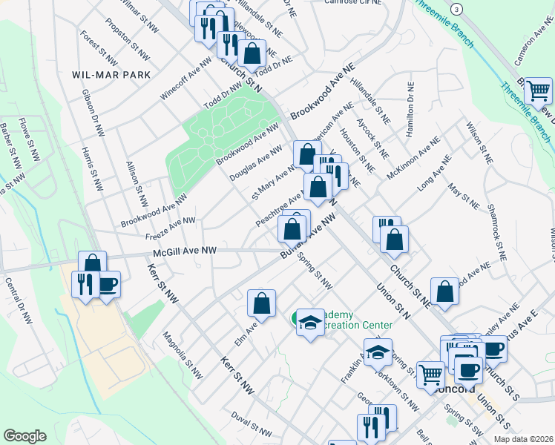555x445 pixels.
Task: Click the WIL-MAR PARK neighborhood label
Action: [x=111, y=75]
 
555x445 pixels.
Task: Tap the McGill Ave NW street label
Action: [x=185, y=251]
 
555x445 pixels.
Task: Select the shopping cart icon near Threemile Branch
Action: [x=538, y=91]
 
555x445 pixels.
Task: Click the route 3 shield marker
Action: [x=457, y=8]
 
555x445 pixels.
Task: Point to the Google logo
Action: [x=24, y=435]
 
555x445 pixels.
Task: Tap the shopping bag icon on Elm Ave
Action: [x=261, y=303]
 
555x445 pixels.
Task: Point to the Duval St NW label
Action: [x=252, y=425]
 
